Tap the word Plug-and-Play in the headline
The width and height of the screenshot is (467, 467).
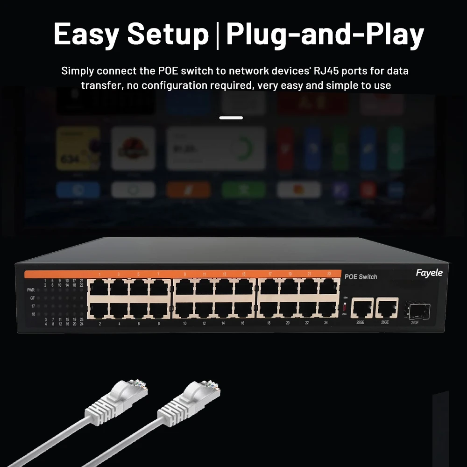pos(325,34)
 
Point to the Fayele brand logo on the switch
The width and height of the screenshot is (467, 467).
pos(429,273)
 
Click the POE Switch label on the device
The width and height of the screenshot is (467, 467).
pos(361,277)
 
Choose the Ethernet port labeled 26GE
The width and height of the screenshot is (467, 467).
pos(386,307)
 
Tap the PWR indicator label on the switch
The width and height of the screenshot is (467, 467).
pos(31,290)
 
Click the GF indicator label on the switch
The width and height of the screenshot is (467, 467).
pos(32,298)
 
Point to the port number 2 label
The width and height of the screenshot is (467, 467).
pos(100,323)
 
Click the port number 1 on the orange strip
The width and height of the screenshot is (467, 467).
pos(99,274)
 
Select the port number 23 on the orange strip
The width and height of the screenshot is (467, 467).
pos(329,274)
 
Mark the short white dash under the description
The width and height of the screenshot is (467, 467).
pos(231,118)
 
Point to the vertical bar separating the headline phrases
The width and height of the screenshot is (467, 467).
pos(217,35)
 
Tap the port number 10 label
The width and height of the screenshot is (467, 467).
pos(185,323)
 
